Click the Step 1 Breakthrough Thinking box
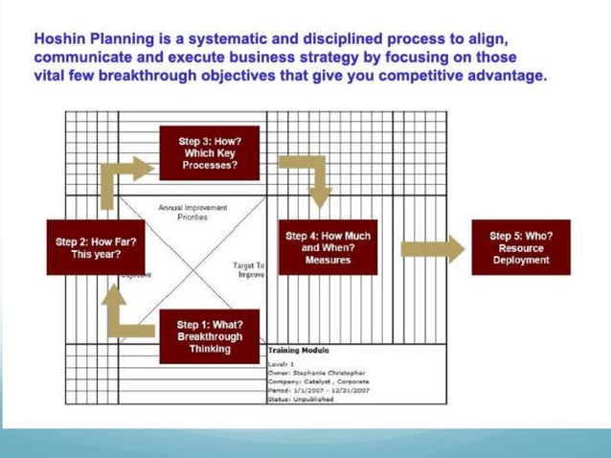tap(209, 336)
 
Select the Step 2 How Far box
tap(94, 247)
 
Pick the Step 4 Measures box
tap(328, 247)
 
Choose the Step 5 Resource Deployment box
tap(520, 247)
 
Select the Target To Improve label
tap(248, 268)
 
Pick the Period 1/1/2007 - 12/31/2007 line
tap(318, 390)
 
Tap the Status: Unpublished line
tap(302, 400)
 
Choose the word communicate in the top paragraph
tap(79, 57)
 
